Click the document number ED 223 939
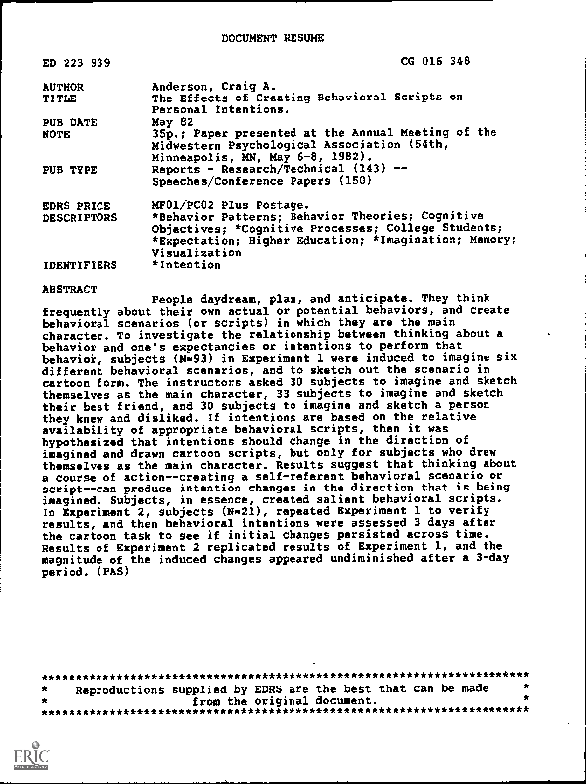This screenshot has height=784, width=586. point(78,63)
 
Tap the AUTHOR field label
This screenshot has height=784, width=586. point(65,88)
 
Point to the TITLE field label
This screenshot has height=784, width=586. point(61,99)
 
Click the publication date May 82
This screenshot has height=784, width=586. point(167,122)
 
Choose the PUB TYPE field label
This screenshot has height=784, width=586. point(71,170)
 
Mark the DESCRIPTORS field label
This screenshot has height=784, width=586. point(81,217)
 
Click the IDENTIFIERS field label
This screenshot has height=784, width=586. point(81,266)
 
